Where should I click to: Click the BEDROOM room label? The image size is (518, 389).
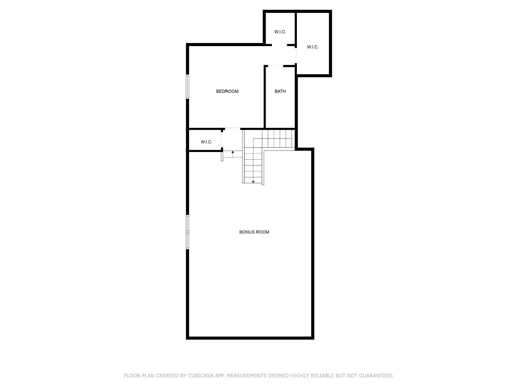point(227,91)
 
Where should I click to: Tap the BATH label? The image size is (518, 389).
point(280,91)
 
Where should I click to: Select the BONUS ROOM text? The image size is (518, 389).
point(254,232)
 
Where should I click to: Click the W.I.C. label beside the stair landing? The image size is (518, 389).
point(206,142)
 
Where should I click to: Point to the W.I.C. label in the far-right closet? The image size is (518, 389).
point(313,47)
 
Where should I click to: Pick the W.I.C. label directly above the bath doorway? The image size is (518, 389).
point(280,32)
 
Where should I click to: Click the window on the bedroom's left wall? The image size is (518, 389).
point(188,86)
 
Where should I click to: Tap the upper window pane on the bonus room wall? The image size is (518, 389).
point(188,223)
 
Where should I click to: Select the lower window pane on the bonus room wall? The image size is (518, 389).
point(188,241)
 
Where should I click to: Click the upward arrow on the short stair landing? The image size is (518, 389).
point(233,154)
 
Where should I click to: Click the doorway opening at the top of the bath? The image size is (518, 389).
point(275,66)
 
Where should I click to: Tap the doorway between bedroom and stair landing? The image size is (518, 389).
point(233,129)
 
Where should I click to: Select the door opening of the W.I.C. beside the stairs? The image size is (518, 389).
point(222,140)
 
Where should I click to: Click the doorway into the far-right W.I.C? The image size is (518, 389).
point(296,55)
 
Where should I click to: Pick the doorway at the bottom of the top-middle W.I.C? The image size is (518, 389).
point(279,45)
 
